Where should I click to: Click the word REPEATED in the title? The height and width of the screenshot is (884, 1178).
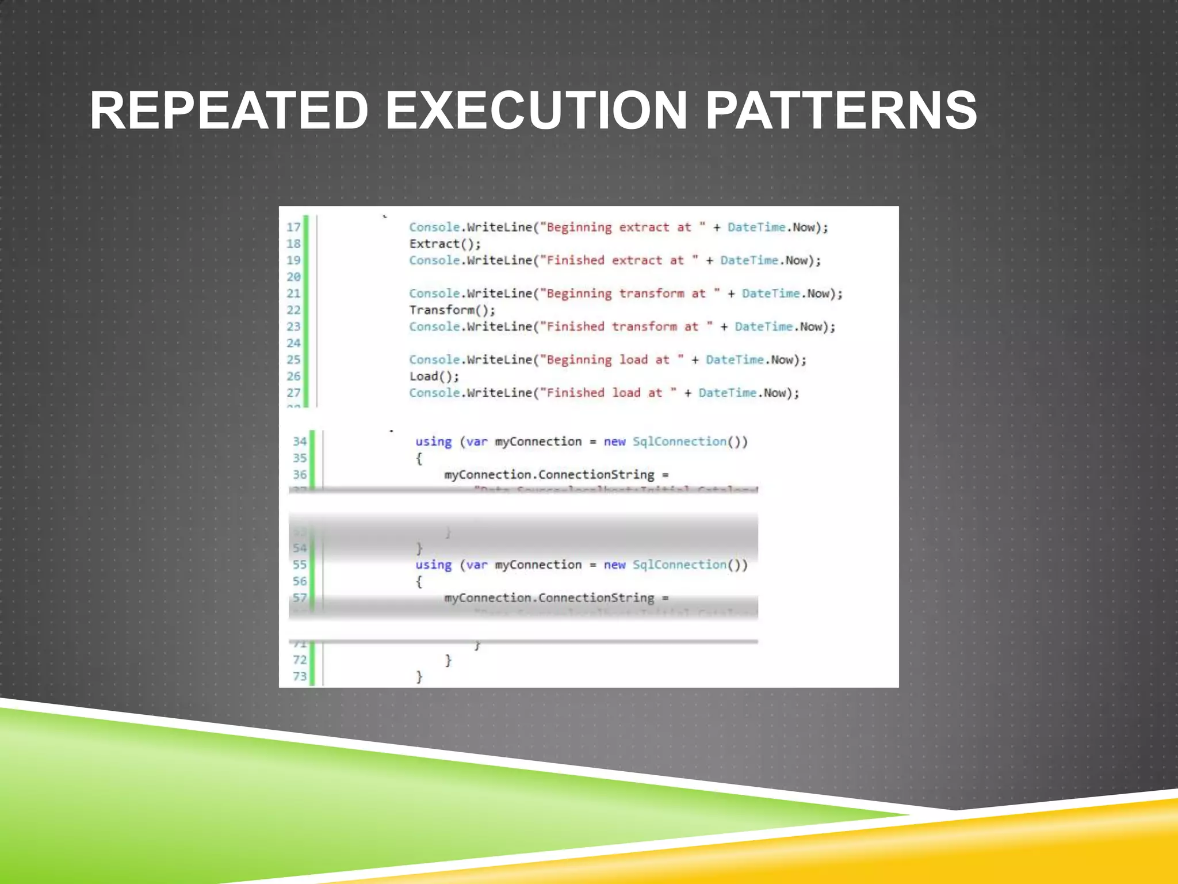pyautogui.click(x=229, y=110)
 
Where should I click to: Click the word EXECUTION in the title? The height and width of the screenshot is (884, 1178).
pyautogui.click(x=536, y=110)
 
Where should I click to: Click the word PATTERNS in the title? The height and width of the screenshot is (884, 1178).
pyautogui.click(x=841, y=110)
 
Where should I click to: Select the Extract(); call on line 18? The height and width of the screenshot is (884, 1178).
pyautogui.click(x=445, y=244)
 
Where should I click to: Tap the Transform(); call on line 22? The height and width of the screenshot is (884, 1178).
pyautogui.click(x=452, y=310)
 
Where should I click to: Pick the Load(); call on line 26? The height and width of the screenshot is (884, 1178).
pyautogui.click(x=434, y=376)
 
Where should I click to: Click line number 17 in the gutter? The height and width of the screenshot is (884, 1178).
pyautogui.click(x=293, y=227)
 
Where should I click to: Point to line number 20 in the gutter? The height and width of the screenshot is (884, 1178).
pyautogui.click(x=293, y=277)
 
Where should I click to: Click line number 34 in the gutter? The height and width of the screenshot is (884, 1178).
pyautogui.click(x=300, y=441)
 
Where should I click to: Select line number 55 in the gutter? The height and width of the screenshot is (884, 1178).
pyautogui.click(x=300, y=565)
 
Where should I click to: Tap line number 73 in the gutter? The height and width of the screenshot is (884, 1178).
pyautogui.click(x=300, y=676)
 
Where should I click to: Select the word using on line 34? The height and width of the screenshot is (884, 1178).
pyautogui.click(x=433, y=442)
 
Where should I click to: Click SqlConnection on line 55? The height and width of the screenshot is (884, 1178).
pyautogui.click(x=679, y=565)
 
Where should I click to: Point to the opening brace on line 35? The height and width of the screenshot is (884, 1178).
pyautogui.click(x=419, y=459)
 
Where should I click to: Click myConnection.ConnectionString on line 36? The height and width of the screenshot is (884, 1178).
pyautogui.click(x=549, y=475)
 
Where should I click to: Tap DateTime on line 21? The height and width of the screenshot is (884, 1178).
pyautogui.click(x=770, y=294)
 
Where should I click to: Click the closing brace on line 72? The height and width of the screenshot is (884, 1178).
pyautogui.click(x=448, y=660)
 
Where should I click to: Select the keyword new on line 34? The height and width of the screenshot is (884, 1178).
pyautogui.click(x=614, y=441)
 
